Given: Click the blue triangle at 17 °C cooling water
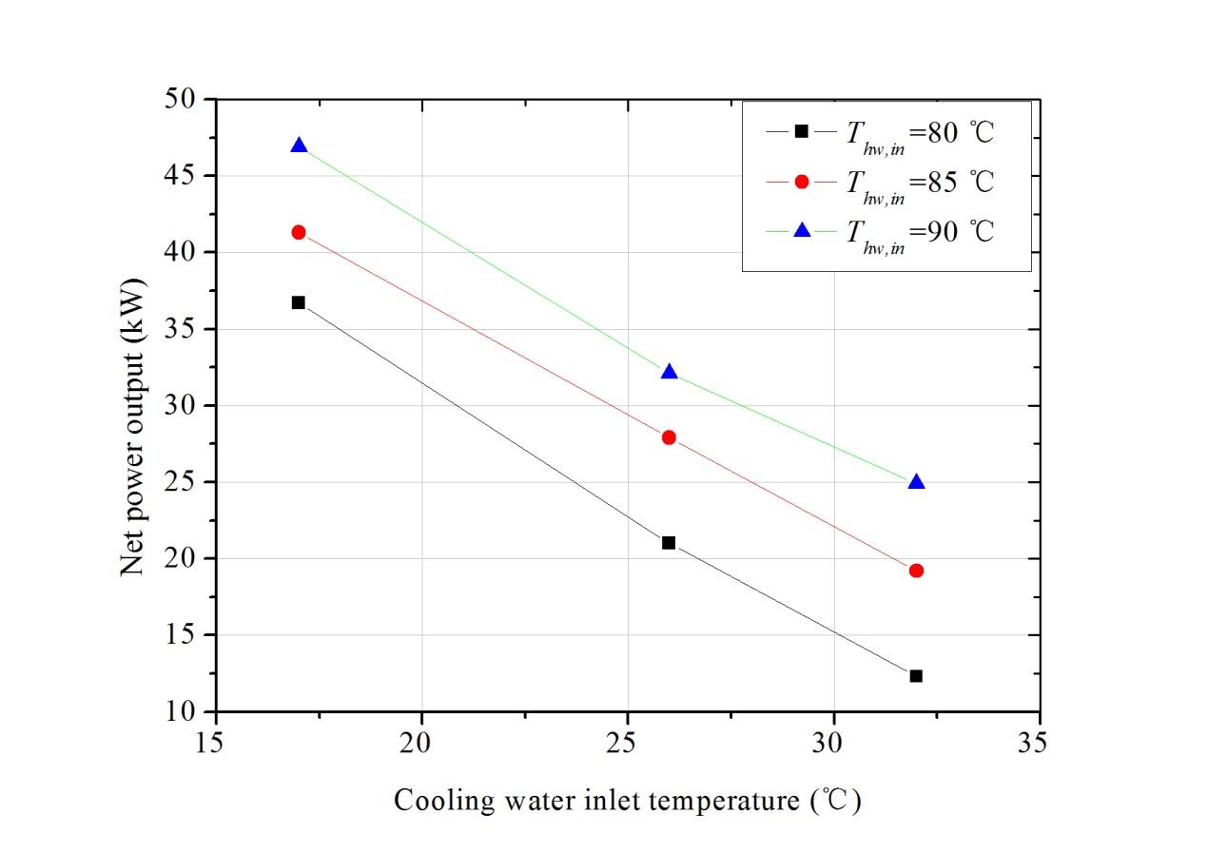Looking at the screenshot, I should pos(299,146).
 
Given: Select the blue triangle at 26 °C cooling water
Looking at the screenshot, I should pos(669,373).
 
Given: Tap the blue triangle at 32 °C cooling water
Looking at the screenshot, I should pos(916,483).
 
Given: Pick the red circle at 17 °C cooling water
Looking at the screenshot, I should pos(299,232).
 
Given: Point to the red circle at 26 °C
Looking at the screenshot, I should pos(669,437).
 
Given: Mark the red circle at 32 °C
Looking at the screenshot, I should pos(916,571).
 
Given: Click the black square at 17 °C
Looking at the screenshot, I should pos(299,302).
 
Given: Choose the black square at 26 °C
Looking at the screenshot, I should pos(669,543).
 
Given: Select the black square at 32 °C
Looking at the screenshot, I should pos(916,676).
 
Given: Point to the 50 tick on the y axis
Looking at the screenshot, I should pos(181,99).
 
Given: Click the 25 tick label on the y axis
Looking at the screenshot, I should pos(181,482).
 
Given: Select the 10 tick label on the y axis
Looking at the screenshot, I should pos(181,711).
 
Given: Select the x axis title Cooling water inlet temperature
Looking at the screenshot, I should pos(628,802).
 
